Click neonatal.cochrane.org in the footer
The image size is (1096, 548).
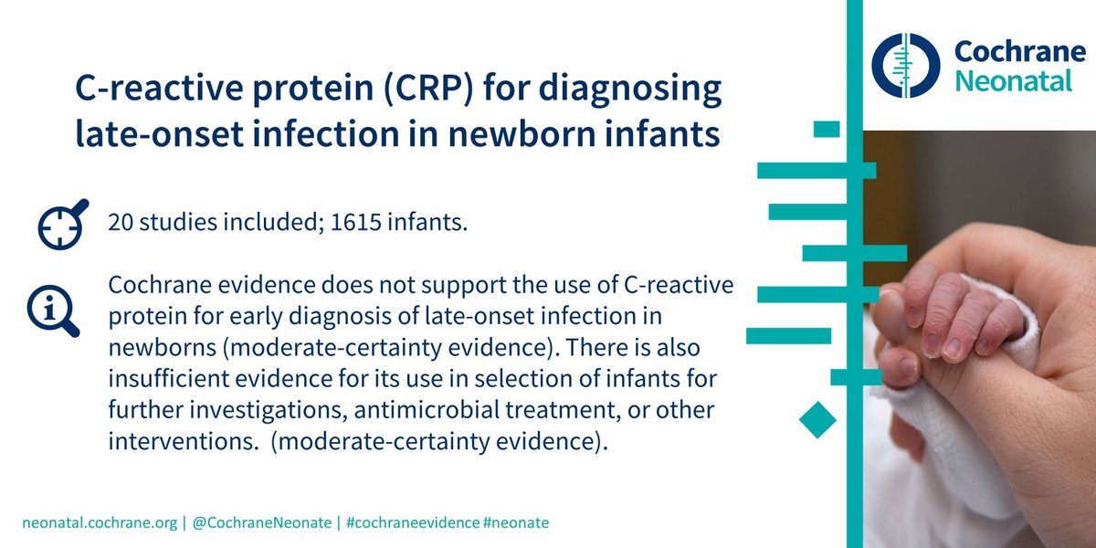100,522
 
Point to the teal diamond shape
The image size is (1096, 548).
818,419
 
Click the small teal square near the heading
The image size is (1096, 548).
827,129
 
